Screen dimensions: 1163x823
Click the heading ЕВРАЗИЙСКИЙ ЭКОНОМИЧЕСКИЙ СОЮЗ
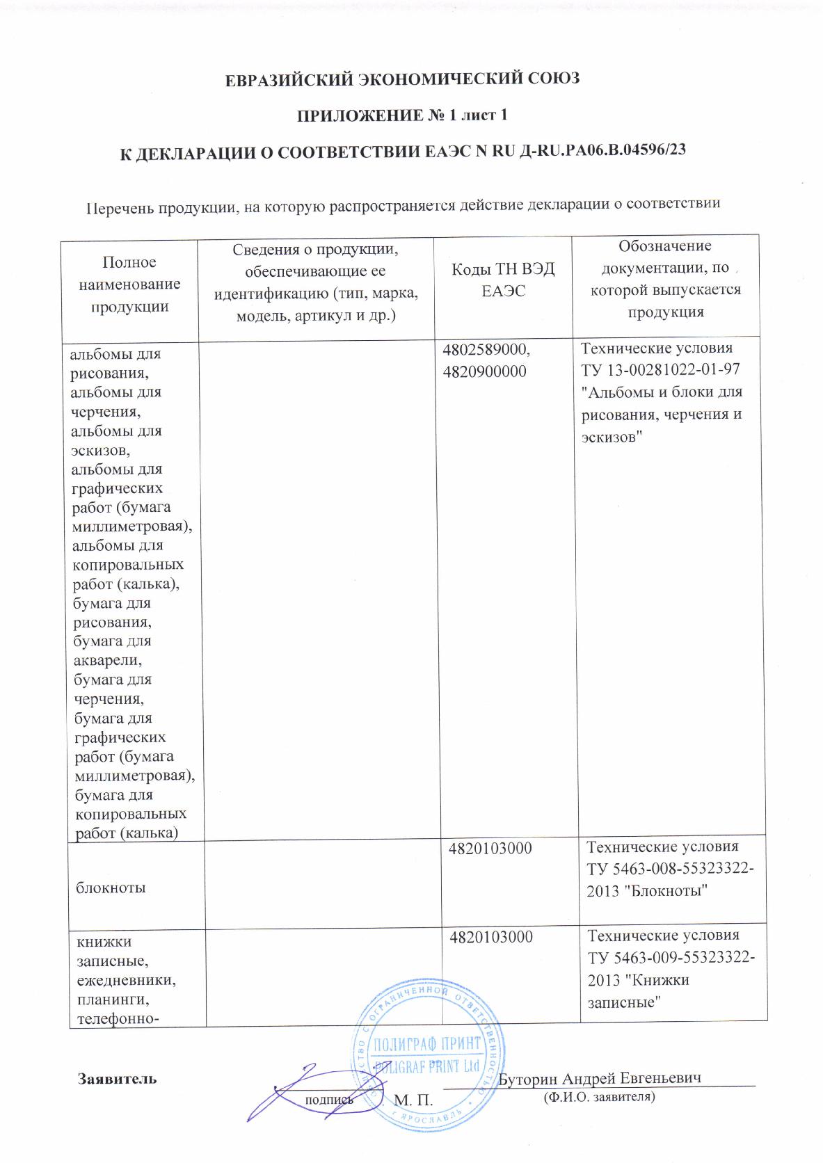(x=403, y=79)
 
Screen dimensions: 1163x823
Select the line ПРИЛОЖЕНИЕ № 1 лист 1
(x=402, y=115)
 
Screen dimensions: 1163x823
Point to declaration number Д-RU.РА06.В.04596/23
(x=603, y=151)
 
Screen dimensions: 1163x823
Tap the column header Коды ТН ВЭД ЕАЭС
(x=503, y=280)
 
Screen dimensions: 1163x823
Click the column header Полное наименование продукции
(x=129, y=284)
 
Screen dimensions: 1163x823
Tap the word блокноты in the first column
(x=111, y=888)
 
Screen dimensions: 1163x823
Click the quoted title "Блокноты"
(x=669, y=891)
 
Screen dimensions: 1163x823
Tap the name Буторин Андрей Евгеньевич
(x=600, y=1078)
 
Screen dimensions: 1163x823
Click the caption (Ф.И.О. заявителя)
(x=598, y=1097)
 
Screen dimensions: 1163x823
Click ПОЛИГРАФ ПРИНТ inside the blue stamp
(x=428, y=1044)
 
